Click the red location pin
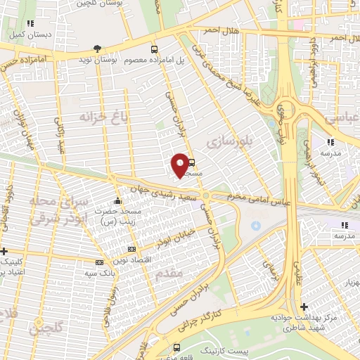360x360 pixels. click(x=181, y=164)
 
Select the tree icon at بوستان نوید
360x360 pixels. click(x=97, y=48)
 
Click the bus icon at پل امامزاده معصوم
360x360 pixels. click(x=154, y=49)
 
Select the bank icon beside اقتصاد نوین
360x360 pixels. click(x=131, y=250)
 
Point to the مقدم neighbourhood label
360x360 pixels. click(x=169, y=271)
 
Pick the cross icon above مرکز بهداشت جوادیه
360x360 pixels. click(x=303, y=307)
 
